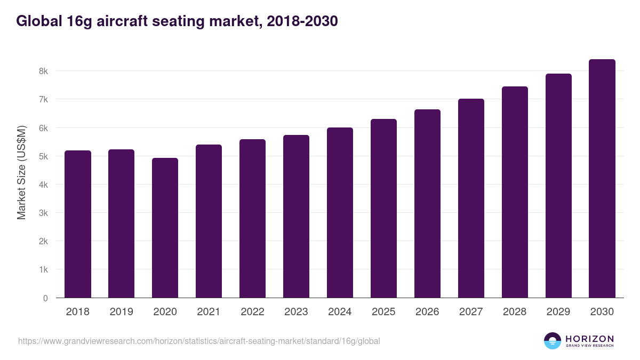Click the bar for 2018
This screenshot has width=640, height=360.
78,224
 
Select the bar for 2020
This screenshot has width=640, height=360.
165,228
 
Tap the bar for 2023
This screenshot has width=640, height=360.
296,216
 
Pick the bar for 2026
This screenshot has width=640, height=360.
427,203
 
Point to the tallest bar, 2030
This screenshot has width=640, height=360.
602,178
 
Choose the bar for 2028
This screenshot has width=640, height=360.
515,192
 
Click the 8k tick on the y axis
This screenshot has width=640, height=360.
43,71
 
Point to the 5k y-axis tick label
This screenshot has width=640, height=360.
43,156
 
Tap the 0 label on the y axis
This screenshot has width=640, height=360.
45,298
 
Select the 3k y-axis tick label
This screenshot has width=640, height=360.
43,213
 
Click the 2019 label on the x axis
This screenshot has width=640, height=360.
121,312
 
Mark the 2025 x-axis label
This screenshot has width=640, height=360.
383,312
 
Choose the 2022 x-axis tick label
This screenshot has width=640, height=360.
252,312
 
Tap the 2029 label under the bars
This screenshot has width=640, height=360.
558,312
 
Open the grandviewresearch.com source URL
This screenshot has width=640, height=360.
199,341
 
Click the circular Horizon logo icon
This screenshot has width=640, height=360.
553,341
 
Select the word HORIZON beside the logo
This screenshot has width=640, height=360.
589,338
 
